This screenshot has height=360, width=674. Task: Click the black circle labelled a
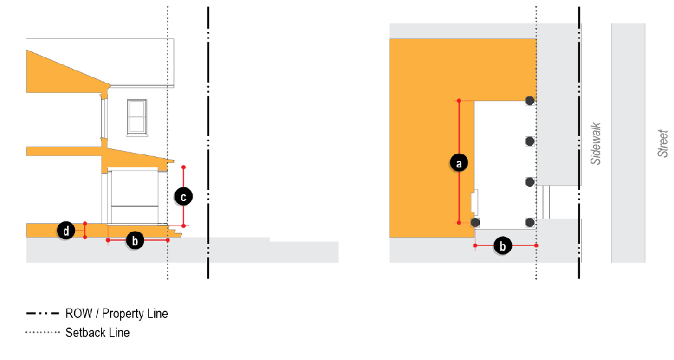pos(458,163)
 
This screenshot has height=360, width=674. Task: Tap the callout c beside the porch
pos(184,197)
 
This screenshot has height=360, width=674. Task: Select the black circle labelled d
pos(66,231)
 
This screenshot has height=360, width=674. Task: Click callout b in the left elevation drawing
pos(135,241)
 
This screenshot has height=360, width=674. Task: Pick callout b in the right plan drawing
pos(503,246)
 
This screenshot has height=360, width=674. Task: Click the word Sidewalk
pos(595,143)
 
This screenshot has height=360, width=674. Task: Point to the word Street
pos(663,143)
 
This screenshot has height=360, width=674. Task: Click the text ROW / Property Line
pos(117,314)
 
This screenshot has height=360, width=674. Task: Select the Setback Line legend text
pos(98,333)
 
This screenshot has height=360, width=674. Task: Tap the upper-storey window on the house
pos(137,117)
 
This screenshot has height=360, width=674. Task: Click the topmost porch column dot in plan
pos(530,100)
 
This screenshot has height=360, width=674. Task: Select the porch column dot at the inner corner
pos(475,222)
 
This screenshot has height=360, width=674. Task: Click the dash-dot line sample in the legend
pos(42,314)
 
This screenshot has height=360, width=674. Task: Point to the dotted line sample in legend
pos(42,333)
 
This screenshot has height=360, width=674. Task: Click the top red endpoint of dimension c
pos(184,167)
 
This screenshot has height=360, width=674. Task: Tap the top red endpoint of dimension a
pos(459,101)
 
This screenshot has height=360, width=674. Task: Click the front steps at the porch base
pos(175,232)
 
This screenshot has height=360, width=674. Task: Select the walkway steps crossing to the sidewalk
pos(546,202)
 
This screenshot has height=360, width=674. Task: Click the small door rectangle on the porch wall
pos(475,202)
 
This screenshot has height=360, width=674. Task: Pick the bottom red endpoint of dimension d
pos(85,237)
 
